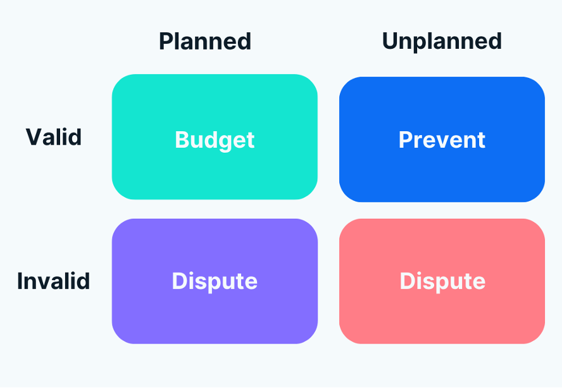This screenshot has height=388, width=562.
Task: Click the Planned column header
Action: [x=205, y=42]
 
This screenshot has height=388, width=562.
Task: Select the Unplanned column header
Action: [x=442, y=42]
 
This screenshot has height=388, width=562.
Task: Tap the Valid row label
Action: [x=54, y=137]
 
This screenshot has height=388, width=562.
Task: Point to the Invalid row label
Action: [x=54, y=281]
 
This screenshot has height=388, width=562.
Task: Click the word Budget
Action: [x=215, y=140]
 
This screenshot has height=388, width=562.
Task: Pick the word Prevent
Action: [x=442, y=140]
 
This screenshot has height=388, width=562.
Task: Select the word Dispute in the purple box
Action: [x=215, y=281]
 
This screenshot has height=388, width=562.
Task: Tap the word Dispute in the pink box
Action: [x=442, y=281]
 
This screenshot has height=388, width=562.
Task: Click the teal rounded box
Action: [x=215, y=101]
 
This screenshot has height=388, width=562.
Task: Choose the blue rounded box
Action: [x=442, y=101]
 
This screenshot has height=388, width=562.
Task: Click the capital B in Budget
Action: [x=182, y=140]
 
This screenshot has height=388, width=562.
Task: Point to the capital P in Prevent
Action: [x=405, y=140]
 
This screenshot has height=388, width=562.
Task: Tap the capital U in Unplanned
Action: [x=390, y=42]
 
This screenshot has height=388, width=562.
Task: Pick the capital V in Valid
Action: [x=34, y=137]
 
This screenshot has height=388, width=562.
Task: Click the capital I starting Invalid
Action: [x=20, y=281]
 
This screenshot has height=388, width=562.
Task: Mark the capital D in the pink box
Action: [x=407, y=281]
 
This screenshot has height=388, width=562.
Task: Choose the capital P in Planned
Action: [x=166, y=42]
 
